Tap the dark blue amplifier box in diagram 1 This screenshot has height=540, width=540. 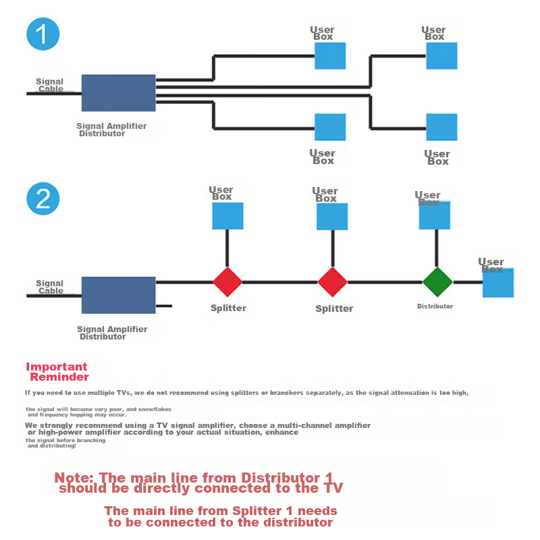tap(119, 93)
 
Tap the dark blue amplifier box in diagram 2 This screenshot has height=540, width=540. tap(119, 295)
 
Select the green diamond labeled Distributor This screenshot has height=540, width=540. tap(437, 282)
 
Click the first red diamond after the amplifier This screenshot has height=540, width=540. tap(227, 282)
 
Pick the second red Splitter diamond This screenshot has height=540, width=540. tap(332, 282)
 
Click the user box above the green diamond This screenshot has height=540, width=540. tap(435, 215)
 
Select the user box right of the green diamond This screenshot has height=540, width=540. tap(498, 283)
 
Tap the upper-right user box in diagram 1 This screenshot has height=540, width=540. tap(441, 56)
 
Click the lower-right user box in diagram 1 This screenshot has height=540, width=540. tap(441, 127)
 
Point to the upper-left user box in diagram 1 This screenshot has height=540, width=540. tap(330, 56)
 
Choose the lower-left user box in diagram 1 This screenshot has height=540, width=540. tap(330, 127)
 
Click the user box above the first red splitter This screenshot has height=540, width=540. tap(227, 216)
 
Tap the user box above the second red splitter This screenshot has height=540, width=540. tap(332, 217)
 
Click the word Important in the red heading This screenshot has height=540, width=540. tap(57, 367)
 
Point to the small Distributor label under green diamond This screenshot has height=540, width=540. tap(435, 306)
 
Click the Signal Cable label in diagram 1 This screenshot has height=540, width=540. tap(50, 85)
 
